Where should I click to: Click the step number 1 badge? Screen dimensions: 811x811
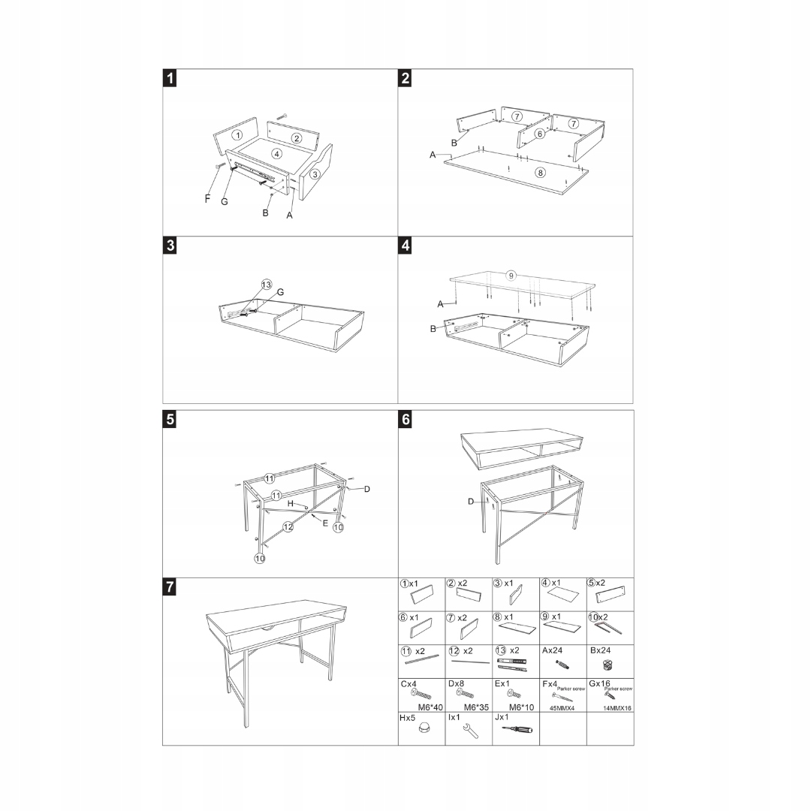pyautogui.click(x=171, y=78)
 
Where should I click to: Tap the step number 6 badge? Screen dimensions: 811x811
pyautogui.click(x=406, y=419)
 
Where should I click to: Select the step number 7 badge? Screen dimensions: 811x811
pyautogui.click(x=171, y=587)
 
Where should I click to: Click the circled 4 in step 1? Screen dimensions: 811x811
pyautogui.click(x=276, y=154)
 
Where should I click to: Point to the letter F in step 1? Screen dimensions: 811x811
pyautogui.click(x=208, y=198)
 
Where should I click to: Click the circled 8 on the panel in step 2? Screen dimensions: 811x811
pyautogui.click(x=539, y=173)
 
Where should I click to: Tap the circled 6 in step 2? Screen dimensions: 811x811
pyautogui.click(x=539, y=134)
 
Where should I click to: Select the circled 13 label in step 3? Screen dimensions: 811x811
pyautogui.click(x=266, y=285)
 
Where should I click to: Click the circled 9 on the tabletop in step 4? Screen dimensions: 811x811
pyautogui.click(x=511, y=276)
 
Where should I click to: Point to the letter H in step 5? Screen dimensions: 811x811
pyautogui.click(x=290, y=502)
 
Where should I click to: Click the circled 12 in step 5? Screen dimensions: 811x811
pyautogui.click(x=288, y=527)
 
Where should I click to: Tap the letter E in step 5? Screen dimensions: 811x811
pyautogui.click(x=324, y=523)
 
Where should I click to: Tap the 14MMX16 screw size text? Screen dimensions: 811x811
pyautogui.click(x=617, y=707)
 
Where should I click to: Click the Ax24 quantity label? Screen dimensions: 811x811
pyautogui.click(x=554, y=650)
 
